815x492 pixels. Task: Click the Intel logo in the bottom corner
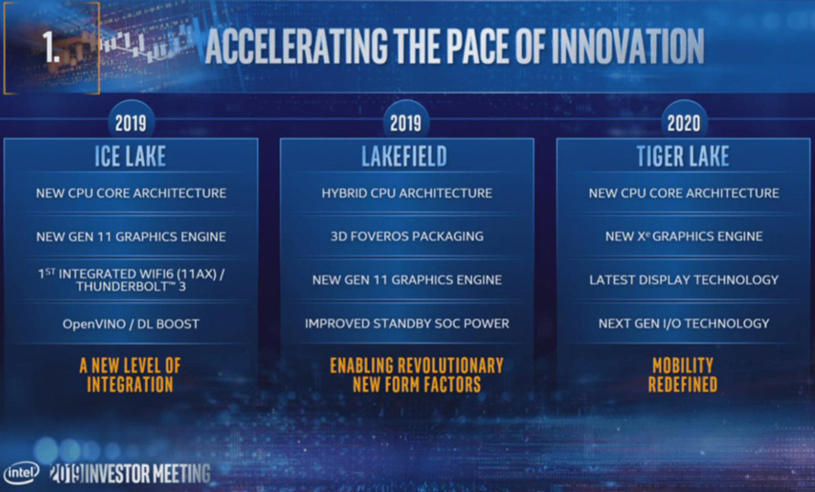[x=21, y=473]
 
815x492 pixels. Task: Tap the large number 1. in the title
[x=51, y=47]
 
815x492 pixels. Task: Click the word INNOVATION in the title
[x=628, y=46]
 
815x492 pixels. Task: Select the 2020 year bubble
[x=684, y=122]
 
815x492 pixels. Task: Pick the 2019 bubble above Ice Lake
[x=130, y=122]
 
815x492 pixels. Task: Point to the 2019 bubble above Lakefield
[x=406, y=122]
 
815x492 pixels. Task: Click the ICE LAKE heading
[x=130, y=156]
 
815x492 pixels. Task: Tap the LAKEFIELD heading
[x=404, y=156]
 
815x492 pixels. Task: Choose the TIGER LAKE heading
[x=683, y=156]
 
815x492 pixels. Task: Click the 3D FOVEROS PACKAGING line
[x=407, y=236]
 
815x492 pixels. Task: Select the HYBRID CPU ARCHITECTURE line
[x=407, y=193]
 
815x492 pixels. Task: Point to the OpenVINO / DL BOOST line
[x=131, y=324]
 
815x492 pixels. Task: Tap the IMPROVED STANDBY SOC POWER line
[x=407, y=324]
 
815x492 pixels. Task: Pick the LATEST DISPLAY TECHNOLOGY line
[x=684, y=280]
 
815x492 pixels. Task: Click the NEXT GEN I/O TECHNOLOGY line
[x=684, y=324]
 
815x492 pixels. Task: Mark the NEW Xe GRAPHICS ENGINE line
[x=684, y=236]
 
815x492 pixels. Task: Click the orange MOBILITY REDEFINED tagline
[x=683, y=375]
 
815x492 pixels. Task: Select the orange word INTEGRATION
[x=130, y=384]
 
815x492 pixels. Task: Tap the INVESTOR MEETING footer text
[x=147, y=474]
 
